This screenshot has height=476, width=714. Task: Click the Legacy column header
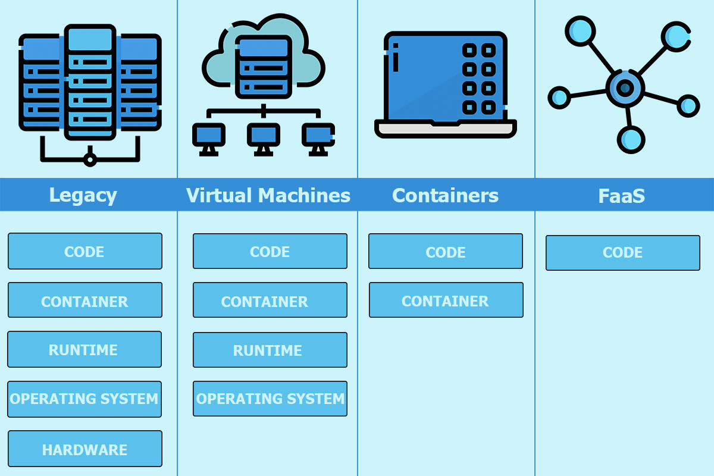[x=83, y=195]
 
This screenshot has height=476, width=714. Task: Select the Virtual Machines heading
[x=268, y=195]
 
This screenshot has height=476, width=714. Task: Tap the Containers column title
[x=445, y=195]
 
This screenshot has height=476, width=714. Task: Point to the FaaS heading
[x=621, y=196]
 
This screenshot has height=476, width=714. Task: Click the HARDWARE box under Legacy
[x=84, y=449]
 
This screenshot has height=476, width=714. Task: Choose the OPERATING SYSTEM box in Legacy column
[x=84, y=399]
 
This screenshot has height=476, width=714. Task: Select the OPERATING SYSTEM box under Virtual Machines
[x=270, y=399]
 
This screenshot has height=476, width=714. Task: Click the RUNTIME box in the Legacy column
[x=84, y=349]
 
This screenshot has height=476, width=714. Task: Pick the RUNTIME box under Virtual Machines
[x=270, y=350]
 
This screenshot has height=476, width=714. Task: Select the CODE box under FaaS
[x=622, y=253]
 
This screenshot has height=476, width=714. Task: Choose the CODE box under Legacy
[x=84, y=251]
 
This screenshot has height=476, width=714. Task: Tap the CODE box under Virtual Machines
[x=270, y=251]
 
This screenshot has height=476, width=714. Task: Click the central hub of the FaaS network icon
[x=624, y=89]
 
